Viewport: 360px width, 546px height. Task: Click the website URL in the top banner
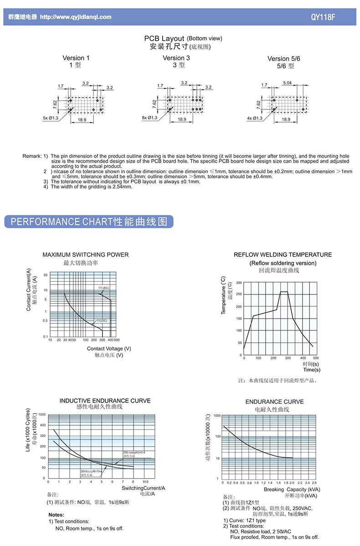76,17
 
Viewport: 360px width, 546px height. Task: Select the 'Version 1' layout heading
76,58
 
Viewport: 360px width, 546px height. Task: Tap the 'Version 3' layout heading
176,58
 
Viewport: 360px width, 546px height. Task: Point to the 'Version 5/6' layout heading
284,58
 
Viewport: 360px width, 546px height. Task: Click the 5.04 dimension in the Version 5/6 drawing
288,82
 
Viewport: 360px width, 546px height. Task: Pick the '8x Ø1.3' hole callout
149,118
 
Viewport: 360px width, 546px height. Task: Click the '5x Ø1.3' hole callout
51,118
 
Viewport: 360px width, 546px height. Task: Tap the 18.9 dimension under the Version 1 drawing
82,119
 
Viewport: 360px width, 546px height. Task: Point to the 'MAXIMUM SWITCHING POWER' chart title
86,255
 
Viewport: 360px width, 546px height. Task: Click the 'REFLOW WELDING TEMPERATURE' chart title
283,255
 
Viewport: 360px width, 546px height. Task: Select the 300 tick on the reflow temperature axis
239,283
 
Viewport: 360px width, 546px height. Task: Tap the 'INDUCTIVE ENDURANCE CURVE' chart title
105,401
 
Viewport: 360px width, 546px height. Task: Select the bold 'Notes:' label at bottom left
56,515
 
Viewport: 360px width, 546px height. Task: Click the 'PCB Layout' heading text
164,39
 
